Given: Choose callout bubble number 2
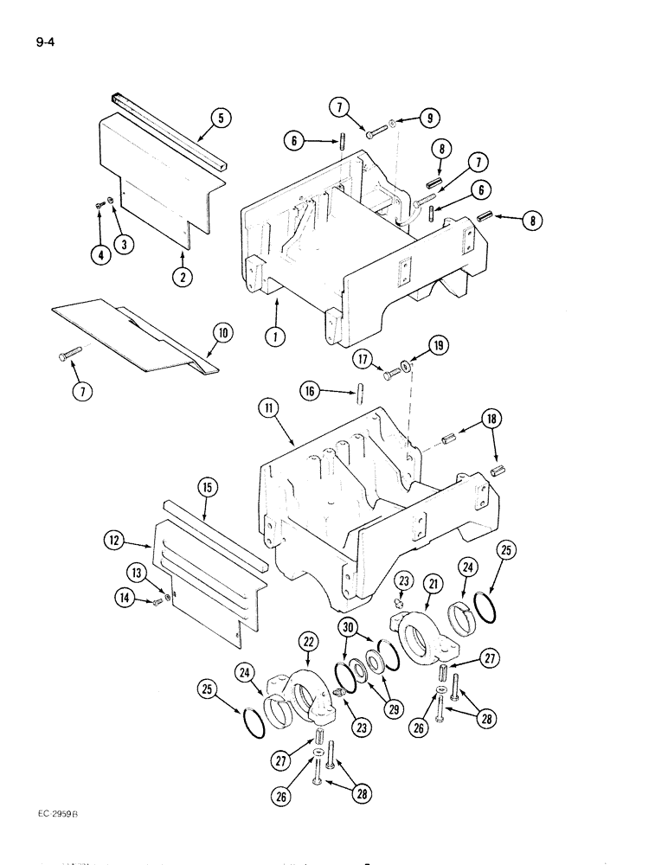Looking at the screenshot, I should (x=182, y=277).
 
